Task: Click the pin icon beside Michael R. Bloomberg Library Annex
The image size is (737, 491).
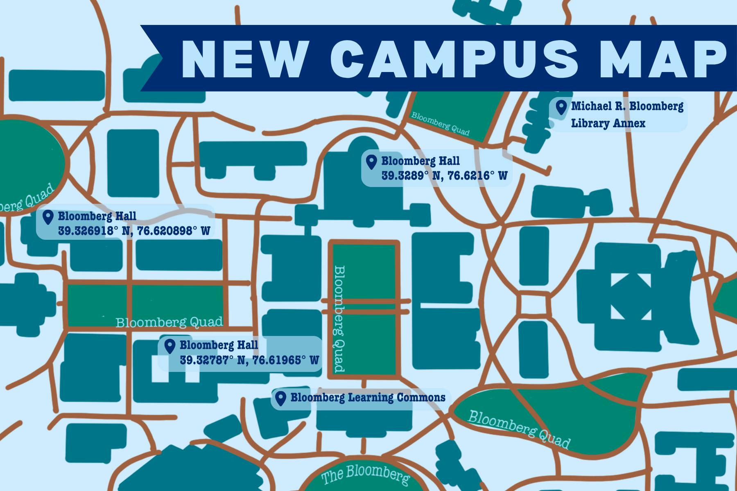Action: click(x=561, y=107)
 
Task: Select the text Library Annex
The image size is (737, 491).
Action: click(x=608, y=123)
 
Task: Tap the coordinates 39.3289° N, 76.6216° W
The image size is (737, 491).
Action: click(x=444, y=176)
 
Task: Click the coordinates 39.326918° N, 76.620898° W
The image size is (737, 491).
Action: click(x=134, y=231)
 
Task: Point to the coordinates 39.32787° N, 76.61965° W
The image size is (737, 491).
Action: click(x=249, y=360)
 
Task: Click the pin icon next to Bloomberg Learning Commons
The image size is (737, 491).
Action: click(x=280, y=398)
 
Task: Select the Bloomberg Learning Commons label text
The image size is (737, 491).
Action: click(x=368, y=397)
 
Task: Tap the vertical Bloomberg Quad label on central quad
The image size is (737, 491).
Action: click(x=339, y=319)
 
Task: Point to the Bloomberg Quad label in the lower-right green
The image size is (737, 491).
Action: click(x=518, y=430)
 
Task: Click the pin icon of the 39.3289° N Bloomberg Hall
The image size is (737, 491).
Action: click(x=371, y=162)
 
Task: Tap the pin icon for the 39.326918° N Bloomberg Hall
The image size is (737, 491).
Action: click(x=48, y=217)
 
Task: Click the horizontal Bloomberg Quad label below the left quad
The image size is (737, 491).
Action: click(x=169, y=322)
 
